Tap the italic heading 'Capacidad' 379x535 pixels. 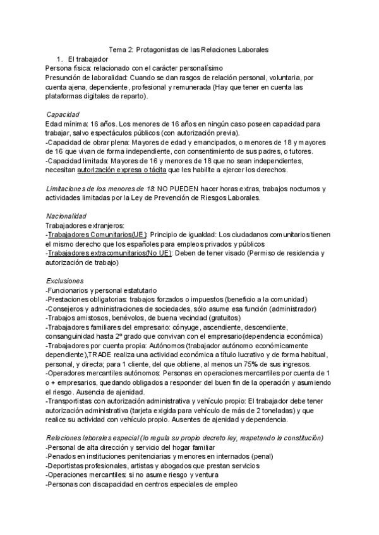point(63,114)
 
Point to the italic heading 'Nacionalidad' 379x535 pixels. point(66,216)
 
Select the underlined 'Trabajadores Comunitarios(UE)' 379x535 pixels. point(97,234)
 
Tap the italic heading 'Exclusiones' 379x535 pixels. point(64,281)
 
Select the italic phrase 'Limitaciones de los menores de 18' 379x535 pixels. point(100,189)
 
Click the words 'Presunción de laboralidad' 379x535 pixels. point(86,78)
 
